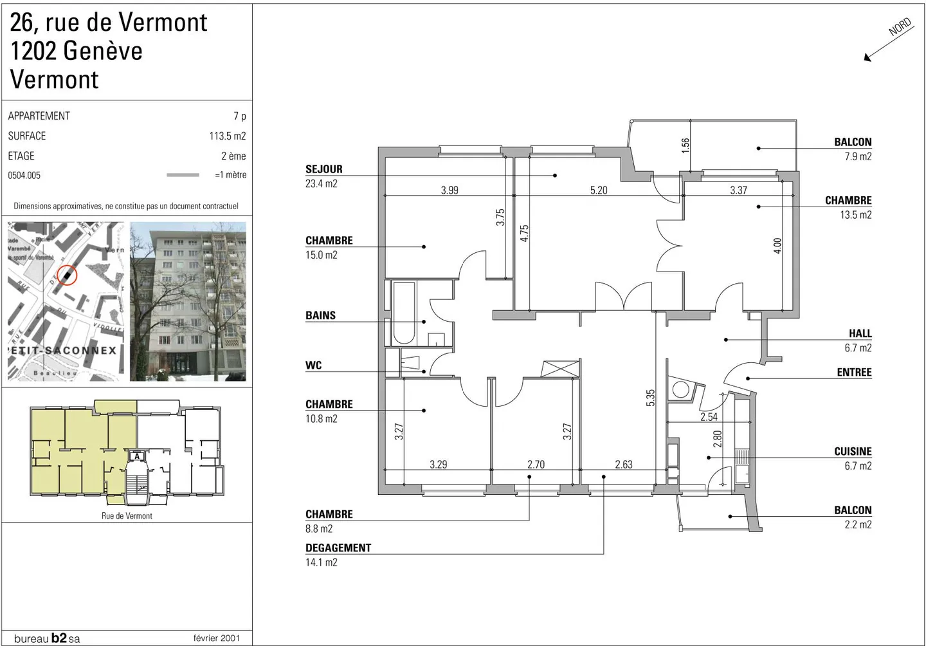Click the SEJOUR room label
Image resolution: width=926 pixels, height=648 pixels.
coord(324,169)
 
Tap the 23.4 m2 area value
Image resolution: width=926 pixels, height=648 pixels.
coord(322,183)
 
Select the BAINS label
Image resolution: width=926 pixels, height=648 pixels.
coord(320,315)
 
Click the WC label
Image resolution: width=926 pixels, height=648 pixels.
coord(313,366)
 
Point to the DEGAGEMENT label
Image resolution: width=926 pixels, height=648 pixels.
coord(338,548)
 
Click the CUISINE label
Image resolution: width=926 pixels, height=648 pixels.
coord(853,452)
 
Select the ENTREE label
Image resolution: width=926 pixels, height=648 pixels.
coord(854,373)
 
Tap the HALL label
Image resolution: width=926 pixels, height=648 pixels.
coord(860,333)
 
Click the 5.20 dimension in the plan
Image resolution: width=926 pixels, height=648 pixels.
coord(599,190)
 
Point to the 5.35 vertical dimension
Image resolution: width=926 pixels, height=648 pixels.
coord(651,398)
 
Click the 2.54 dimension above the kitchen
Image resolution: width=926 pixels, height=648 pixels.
coord(709,417)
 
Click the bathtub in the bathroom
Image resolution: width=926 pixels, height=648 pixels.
coord(404,313)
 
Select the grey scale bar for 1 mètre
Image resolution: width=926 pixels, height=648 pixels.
coord(183,175)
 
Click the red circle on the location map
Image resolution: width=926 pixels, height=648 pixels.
coord(67,275)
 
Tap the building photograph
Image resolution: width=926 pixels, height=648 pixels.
coord(188,301)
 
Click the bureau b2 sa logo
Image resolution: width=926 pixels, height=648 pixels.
coord(47,638)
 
